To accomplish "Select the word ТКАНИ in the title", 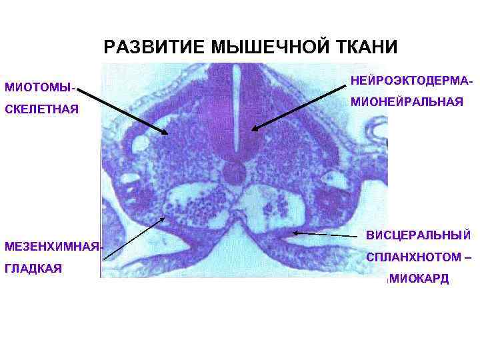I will pos(363,47).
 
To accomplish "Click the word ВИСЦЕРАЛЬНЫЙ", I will pos(419,235).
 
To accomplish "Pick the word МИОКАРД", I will pos(419,279).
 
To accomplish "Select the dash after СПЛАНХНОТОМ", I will pos(467,257).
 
